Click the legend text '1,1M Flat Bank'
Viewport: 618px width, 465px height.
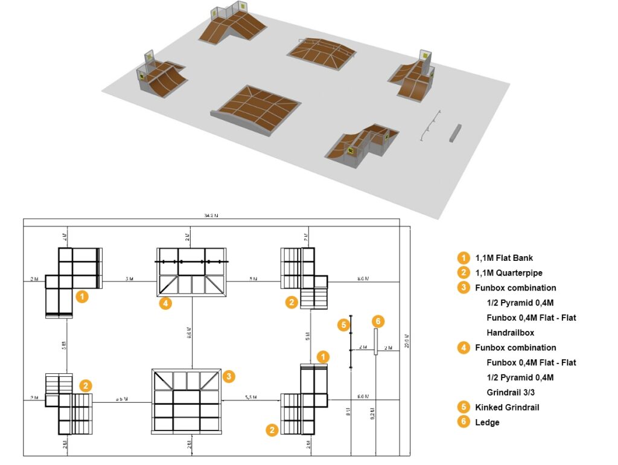click(x=504, y=258)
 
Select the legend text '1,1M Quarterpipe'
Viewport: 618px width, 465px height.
click(x=508, y=273)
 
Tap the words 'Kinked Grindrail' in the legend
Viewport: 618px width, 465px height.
click(x=507, y=407)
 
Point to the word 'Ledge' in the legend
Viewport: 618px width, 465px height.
click(x=487, y=422)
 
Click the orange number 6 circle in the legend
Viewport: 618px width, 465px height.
click(x=463, y=422)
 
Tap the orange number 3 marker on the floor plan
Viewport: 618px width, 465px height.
click(x=228, y=376)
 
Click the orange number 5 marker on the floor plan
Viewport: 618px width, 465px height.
click(x=343, y=325)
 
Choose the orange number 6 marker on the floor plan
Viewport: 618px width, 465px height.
click(x=378, y=321)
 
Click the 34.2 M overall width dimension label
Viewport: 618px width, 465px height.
click(x=211, y=215)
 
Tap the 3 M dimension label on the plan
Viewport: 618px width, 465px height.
click(x=129, y=279)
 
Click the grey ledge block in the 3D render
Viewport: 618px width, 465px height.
click(x=454, y=133)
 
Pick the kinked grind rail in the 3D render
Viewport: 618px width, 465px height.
click(x=431, y=125)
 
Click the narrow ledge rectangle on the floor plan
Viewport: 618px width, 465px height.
click(x=375, y=342)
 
